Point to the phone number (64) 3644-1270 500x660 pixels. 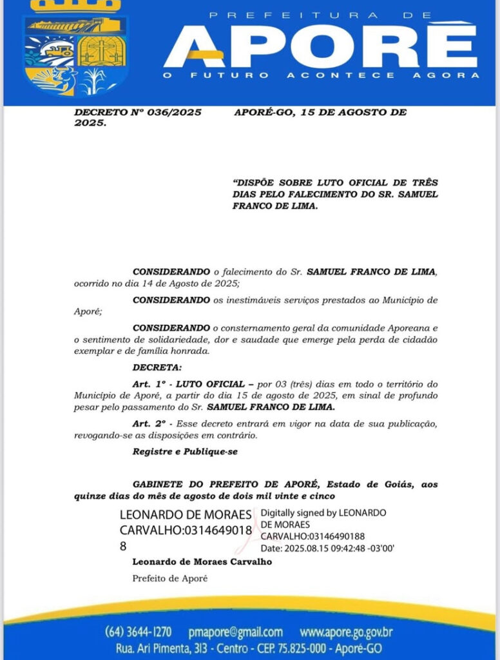pos(138,632)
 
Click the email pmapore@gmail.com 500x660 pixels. pos(235,632)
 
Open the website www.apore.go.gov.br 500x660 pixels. pos(346,632)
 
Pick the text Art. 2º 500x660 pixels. pos(148,423)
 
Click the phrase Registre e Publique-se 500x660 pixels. pos(185,452)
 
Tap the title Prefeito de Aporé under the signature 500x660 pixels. pos(170,578)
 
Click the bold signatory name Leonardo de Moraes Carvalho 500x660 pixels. pos(202,561)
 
